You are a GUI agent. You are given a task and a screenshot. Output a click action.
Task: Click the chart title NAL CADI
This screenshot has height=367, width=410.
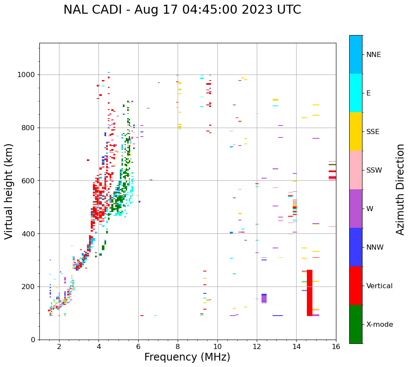pos(182,10)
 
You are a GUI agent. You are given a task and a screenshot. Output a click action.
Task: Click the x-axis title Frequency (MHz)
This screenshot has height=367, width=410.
pos(187,357)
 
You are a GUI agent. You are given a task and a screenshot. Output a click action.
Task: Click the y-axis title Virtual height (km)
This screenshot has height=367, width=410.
pos(9,191)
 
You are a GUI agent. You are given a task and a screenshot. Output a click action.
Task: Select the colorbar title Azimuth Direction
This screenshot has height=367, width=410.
pos(400,189)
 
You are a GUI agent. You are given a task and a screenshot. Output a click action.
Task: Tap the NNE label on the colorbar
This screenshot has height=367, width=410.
pos(373,55)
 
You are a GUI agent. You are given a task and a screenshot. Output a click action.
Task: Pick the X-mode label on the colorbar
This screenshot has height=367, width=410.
pos(379,325)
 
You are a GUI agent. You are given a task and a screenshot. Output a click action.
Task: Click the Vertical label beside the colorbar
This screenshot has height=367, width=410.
pos(379,286)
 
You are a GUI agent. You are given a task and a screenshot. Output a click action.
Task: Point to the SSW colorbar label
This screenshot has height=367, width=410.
pos(374,170)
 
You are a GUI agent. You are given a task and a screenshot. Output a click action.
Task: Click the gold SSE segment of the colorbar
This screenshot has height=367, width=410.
pos(356,131)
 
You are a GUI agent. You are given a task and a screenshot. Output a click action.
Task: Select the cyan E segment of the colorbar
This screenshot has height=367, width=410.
pos(356,93)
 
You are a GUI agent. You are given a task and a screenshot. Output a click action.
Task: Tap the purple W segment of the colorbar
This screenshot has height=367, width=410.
pos(356,209)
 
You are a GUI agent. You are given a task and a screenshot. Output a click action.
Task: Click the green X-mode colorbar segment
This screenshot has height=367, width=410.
pos(356,324)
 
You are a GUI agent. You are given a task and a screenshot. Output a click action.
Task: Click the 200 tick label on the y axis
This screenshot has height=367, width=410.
pos(30,286)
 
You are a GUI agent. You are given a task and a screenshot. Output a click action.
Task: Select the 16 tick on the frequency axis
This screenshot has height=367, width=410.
pos(336,346)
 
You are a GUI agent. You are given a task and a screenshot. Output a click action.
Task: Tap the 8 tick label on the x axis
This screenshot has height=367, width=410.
pos(178,346)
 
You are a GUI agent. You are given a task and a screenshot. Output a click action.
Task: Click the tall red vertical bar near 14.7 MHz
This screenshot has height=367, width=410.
pos(309,293)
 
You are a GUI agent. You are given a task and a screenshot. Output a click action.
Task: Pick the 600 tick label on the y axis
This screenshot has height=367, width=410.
pos(30,181)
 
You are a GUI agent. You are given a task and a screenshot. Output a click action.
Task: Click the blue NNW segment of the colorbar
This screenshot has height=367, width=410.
pos(356,247)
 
